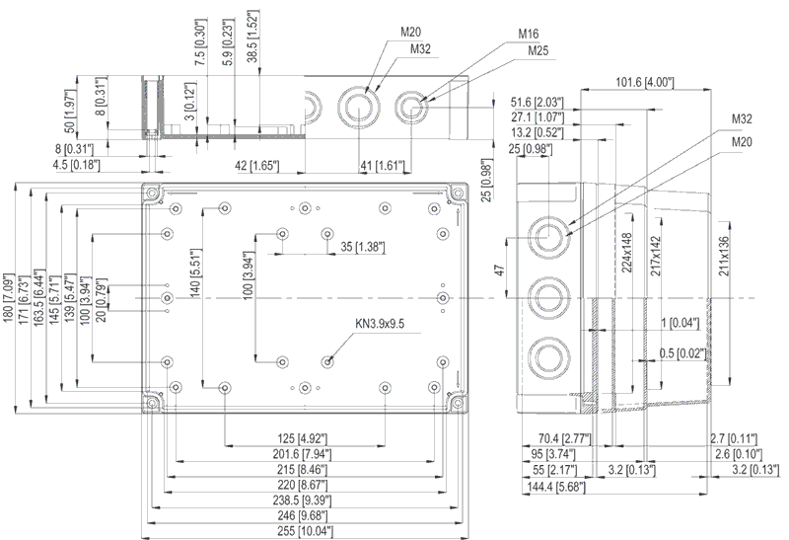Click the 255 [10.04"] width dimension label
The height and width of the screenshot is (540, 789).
point(305,531)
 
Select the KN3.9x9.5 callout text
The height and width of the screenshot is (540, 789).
point(380,324)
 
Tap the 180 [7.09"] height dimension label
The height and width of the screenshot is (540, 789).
point(9,300)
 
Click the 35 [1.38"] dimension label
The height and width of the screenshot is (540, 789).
point(362,247)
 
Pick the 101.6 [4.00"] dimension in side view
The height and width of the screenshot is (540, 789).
point(645,82)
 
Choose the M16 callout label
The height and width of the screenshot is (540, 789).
point(529,34)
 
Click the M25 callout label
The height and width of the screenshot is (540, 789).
point(538,50)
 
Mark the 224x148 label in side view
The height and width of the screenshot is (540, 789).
point(627,253)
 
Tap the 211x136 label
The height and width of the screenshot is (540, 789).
point(724,256)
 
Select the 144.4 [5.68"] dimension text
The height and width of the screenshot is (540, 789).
point(556,487)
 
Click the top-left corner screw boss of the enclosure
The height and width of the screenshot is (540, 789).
point(151,193)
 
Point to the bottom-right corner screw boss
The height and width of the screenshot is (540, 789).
point(458,403)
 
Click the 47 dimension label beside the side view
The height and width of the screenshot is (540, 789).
point(500,270)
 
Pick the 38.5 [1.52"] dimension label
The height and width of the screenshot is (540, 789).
point(252,36)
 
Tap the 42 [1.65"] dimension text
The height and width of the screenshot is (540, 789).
point(256,165)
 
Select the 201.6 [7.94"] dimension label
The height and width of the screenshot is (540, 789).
point(302,454)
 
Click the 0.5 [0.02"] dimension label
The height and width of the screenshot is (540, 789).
point(682,353)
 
